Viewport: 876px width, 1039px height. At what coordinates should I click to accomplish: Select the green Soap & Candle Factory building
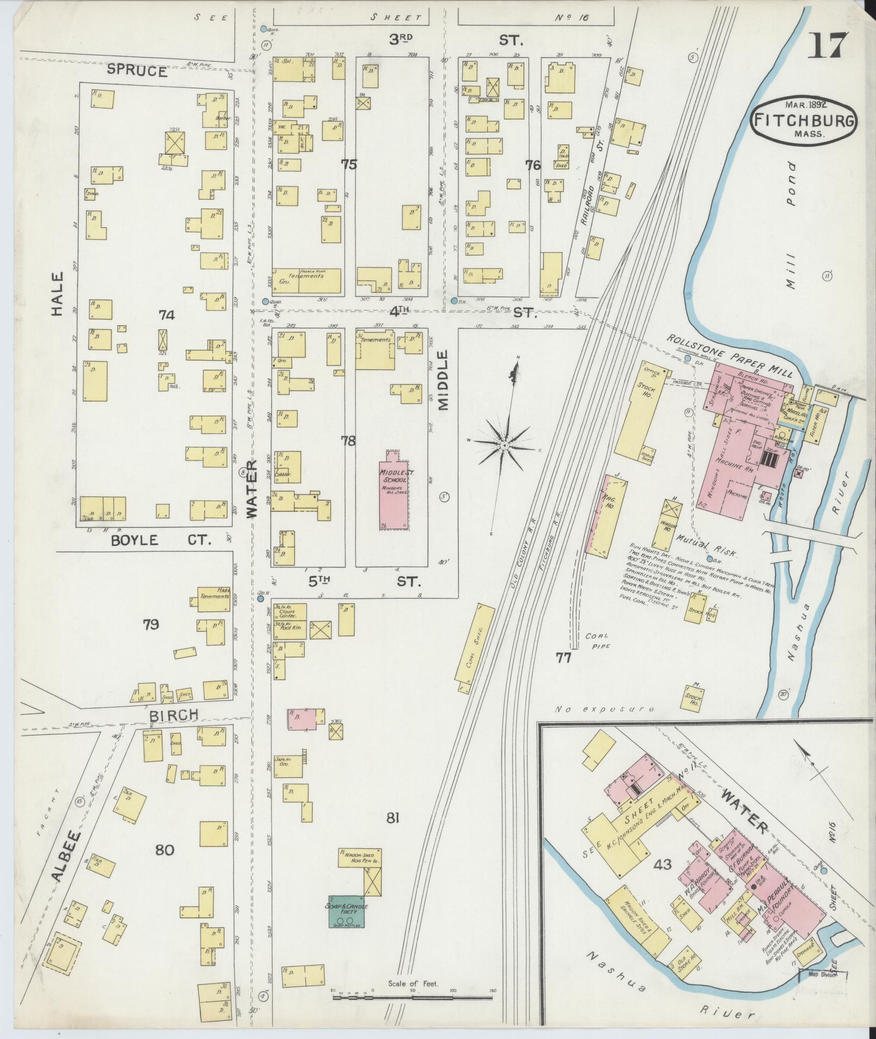(346, 911)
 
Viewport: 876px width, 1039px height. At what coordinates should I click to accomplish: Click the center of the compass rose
(504, 445)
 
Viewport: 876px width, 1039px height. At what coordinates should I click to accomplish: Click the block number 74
(166, 314)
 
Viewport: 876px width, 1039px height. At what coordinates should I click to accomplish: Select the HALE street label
(56, 294)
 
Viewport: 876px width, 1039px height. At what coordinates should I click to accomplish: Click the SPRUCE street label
(137, 71)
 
